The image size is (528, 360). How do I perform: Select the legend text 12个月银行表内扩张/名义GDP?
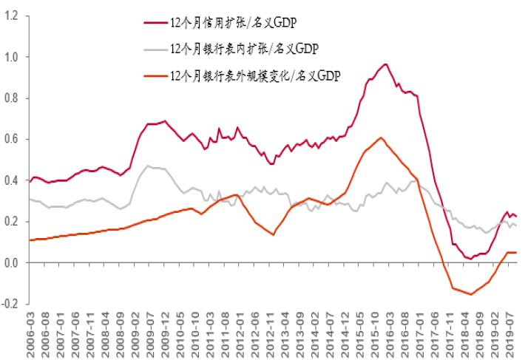pyautogui.click(x=237, y=50)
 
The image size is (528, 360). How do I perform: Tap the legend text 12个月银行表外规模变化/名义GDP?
pyautogui.click(x=254, y=75)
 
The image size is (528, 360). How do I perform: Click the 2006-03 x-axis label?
pyautogui.click(x=32, y=331)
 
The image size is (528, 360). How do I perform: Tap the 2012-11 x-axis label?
pyautogui.click(x=269, y=331)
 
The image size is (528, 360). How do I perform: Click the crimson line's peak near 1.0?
pyautogui.click(x=385, y=64)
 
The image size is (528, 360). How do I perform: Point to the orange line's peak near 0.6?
pyautogui.click(x=380, y=137)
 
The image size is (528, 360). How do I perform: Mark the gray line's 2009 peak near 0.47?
pyautogui.click(x=149, y=166)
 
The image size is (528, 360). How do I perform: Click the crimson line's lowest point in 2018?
pyautogui.click(x=470, y=259)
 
